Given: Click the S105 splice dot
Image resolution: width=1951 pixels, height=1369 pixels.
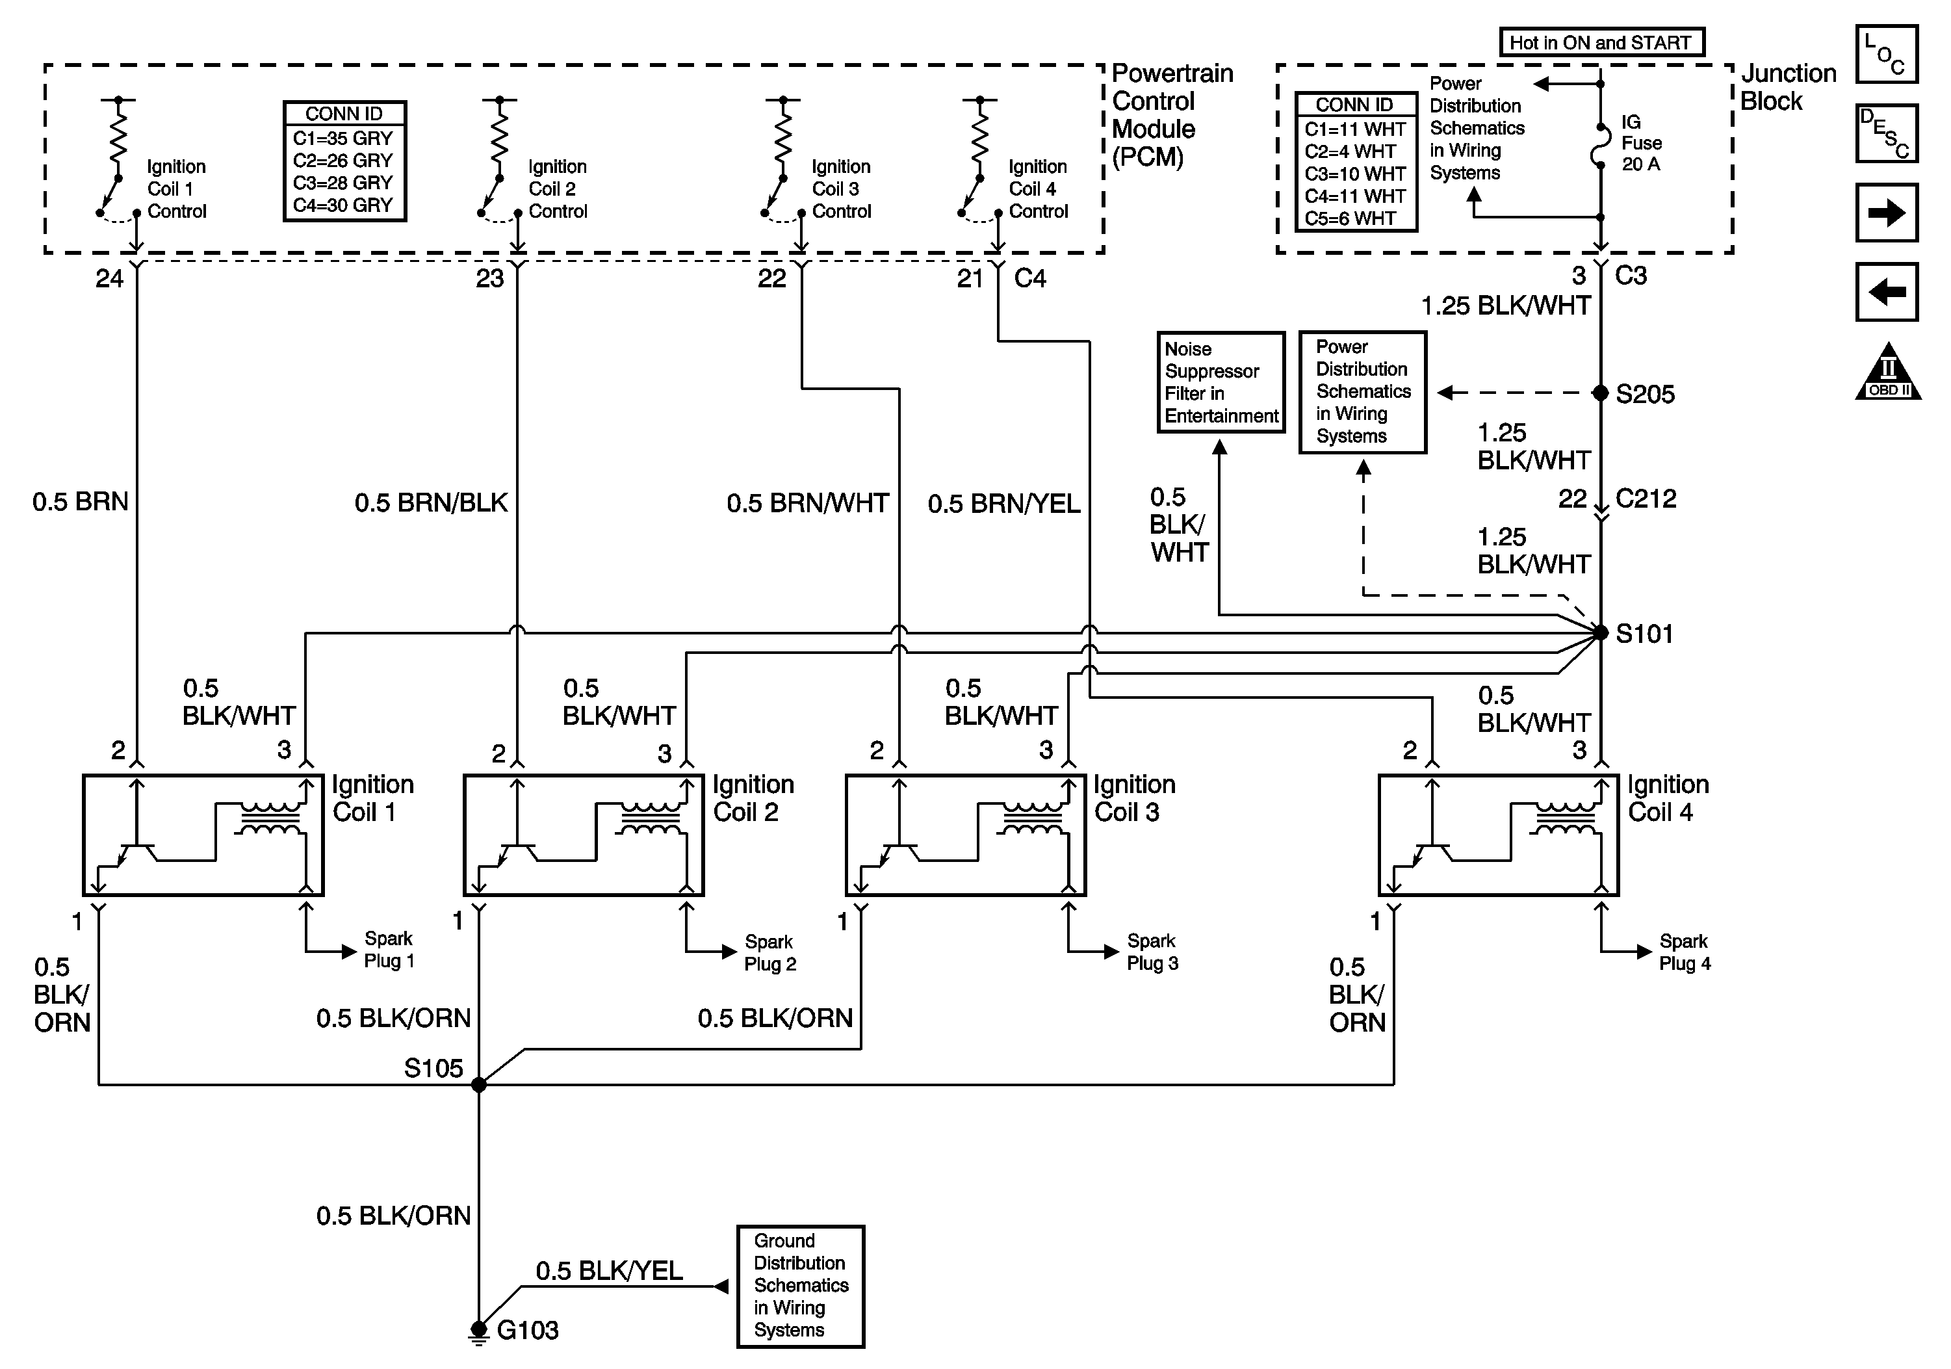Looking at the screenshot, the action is tap(478, 1084).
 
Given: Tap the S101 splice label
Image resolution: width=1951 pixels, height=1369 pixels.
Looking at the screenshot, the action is tap(1644, 634).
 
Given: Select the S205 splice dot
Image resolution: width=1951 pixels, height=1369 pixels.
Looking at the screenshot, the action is tap(1600, 393).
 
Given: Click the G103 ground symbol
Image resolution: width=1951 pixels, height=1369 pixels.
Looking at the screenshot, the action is tap(478, 1333).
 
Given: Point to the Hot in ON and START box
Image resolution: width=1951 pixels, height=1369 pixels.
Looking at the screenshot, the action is tap(1602, 42).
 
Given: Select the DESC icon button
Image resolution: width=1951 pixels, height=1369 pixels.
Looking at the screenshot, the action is tap(1887, 133).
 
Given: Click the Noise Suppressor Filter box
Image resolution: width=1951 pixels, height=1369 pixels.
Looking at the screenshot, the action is tap(1221, 382).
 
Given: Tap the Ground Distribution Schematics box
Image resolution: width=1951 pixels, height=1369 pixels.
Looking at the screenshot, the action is tap(801, 1286).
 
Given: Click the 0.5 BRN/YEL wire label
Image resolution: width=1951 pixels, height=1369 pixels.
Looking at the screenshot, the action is tap(1003, 504).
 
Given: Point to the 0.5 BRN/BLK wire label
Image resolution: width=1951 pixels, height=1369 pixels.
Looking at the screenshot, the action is tap(431, 503).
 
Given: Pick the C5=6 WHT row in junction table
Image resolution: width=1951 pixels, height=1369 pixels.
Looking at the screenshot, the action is tap(1351, 218).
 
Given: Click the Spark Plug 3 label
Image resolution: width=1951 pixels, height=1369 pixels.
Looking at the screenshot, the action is tap(1152, 952).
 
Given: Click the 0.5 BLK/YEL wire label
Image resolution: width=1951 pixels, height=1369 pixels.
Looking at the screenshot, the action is tap(609, 1270).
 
